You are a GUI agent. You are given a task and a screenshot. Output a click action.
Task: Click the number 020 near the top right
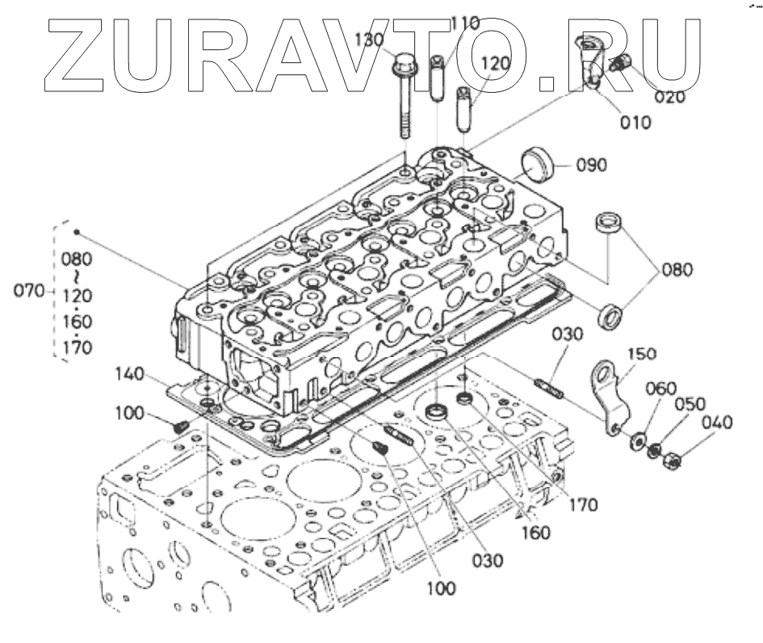669,98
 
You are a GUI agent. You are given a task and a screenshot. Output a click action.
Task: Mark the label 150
643,354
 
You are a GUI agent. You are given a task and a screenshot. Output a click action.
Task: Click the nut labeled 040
669,461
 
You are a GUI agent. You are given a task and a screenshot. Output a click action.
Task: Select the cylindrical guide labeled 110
437,77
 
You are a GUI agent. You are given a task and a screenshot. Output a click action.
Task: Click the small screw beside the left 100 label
181,425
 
